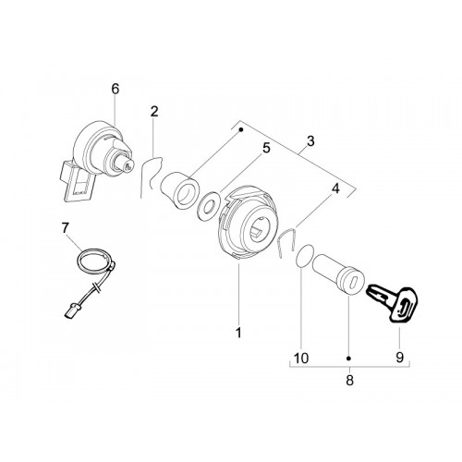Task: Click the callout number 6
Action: [x=115, y=89]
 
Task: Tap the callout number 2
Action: [x=154, y=112]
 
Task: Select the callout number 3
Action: [x=310, y=141]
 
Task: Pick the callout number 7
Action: [x=66, y=228]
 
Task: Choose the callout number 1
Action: [x=238, y=333]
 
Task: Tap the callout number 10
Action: [x=301, y=359]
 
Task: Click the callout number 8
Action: [x=349, y=381]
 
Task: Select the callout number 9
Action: [x=399, y=358]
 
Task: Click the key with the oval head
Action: [x=393, y=303]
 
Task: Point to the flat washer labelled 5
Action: [x=208, y=206]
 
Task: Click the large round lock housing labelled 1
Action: [x=248, y=223]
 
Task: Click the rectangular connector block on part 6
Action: [x=78, y=182]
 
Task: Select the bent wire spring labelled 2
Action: [x=151, y=176]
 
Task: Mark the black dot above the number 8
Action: [x=349, y=359]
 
